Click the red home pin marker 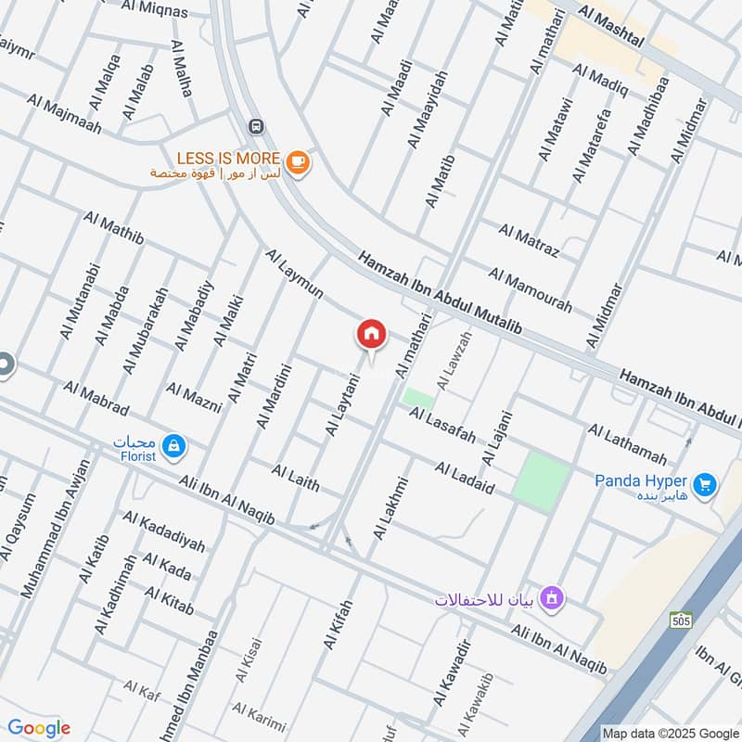[372, 334]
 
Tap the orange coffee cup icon [297, 162]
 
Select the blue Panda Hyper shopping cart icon [705, 483]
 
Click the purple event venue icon [552, 598]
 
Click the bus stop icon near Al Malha [255, 126]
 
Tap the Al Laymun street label [294, 274]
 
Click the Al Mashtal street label [612, 25]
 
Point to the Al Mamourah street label [530, 290]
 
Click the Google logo [38, 728]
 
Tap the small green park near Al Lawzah [417, 398]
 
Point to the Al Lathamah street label [626, 444]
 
